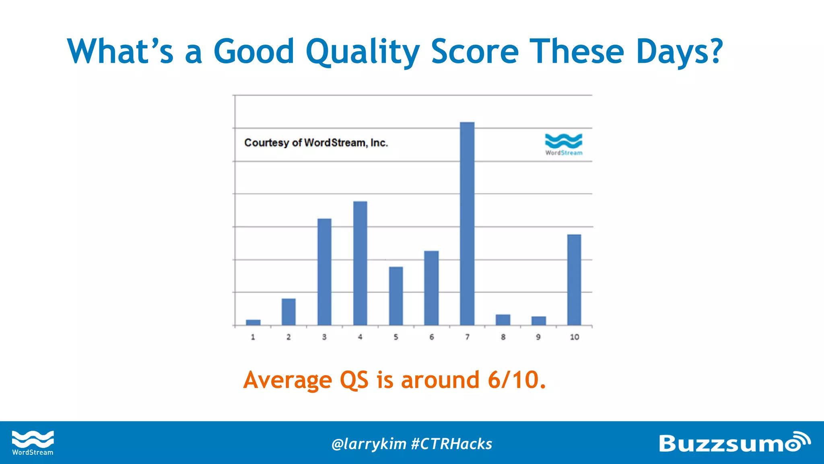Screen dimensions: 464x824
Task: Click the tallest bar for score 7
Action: pyautogui.click(x=467, y=224)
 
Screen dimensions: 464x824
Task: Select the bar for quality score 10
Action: pyautogui.click(x=574, y=280)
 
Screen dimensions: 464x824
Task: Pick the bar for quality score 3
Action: pyautogui.click(x=324, y=272)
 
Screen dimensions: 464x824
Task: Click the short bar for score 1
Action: pyautogui.click(x=253, y=322)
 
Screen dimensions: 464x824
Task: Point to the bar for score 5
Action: pyautogui.click(x=396, y=296)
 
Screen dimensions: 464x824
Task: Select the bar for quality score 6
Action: pyautogui.click(x=431, y=288)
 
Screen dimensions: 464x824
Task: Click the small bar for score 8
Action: pyautogui.click(x=503, y=320)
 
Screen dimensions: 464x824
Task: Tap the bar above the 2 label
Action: pyautogui.click(x=288, y=312)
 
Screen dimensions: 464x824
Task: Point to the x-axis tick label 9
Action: pyautogui.click(x=538, y=337)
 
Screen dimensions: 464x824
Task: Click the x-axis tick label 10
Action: pyautogui.click(x=574, y=337)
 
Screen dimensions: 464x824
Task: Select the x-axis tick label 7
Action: pyautogui.click(x=467, y=337)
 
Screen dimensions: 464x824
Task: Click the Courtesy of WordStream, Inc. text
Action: pyautogui.click(x=316, y=143)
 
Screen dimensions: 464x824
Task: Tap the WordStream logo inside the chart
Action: pyautogui.click(x=564, y=144)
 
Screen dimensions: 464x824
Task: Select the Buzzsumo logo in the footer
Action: pyautogui.click(x=734, y=443)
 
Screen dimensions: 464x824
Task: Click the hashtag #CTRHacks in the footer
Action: pyautogui.click(x=451, y=444)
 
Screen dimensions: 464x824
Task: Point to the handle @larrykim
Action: pyautogui.click(x=369, y=444)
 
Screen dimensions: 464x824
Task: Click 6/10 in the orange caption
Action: pyautogui.click(x=517, y=380)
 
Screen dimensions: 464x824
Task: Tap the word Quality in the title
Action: pyautogui.click(x=363, y=52)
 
